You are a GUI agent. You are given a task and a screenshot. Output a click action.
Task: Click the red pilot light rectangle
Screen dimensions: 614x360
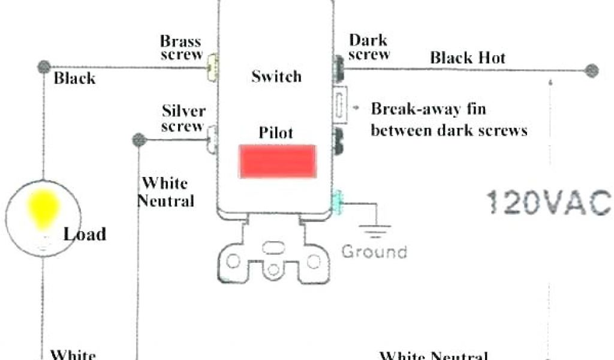coord(278,161)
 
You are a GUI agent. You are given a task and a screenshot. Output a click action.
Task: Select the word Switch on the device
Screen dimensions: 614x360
coord(276,77)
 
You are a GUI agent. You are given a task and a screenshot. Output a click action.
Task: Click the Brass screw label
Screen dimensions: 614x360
coord(180,49)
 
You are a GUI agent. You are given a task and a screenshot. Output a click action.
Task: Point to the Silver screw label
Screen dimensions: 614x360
coord(183,118)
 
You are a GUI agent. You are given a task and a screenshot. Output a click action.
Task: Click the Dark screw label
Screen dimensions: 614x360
coord(368,47)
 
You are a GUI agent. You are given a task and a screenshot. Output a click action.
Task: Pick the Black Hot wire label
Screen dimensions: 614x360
coord(468,58)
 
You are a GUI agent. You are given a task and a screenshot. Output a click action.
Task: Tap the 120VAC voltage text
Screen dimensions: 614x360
coord(548,202)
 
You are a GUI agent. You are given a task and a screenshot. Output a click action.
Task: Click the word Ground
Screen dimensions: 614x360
coord(374,251)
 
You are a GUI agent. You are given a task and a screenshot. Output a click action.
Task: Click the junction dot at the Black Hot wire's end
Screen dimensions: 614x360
coord(592,70)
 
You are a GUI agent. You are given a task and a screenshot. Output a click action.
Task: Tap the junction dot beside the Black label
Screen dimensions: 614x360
coord(43,66)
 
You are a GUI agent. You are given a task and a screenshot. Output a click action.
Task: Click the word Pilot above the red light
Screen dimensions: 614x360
coord(276,132)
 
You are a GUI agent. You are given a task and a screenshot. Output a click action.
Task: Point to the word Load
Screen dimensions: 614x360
coord(85,234)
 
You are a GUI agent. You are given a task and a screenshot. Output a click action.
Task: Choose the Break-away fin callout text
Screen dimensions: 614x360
coord(449,119)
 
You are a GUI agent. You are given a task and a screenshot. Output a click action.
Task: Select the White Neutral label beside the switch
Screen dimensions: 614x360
coord(166,192)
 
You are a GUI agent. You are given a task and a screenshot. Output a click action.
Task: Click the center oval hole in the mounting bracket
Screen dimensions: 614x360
coord(273,247)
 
